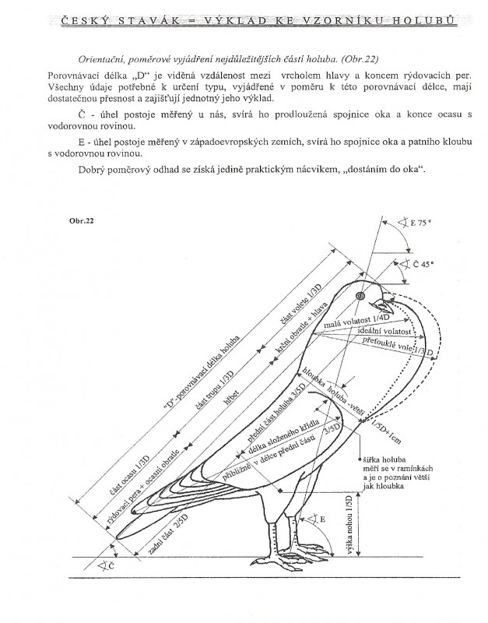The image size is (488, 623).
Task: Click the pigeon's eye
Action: tap(360, 297)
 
